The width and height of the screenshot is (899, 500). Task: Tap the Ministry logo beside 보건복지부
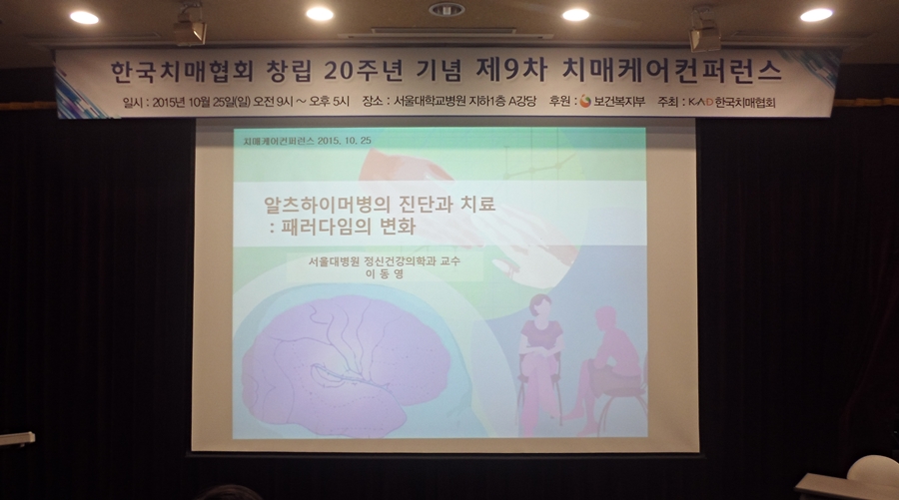(584, 102)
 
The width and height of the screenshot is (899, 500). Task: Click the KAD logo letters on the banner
(699, 102)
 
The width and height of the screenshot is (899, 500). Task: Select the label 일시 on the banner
(131, 102)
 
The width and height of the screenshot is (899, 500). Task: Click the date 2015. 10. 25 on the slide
(344, 141)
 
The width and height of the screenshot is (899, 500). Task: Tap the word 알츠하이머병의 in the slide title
(327, 204)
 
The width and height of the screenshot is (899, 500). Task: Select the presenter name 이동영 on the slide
(384, 273)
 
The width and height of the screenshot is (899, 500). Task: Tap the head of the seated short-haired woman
(540, 305)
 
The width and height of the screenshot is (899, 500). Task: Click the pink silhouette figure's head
(605, 318)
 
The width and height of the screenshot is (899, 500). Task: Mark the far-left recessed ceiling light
(84, 17)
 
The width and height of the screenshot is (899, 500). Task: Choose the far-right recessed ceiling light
(816, 15)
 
